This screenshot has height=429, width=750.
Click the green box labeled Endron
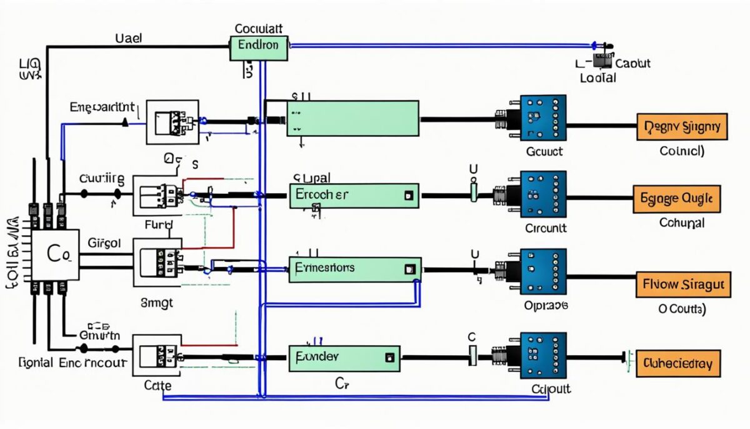click(259, 48)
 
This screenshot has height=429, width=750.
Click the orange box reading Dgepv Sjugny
click(682, 128)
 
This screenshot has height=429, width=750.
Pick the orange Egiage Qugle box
click(677, 199)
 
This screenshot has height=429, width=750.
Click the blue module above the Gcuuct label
click(543, 118)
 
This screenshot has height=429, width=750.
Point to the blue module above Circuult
click(543, 194)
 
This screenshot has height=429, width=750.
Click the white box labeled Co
click(56, 254)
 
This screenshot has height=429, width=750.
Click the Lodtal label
click(597, 78)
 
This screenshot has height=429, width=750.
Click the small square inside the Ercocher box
click(409, 195)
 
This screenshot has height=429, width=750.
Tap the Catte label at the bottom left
click(157, 386)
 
